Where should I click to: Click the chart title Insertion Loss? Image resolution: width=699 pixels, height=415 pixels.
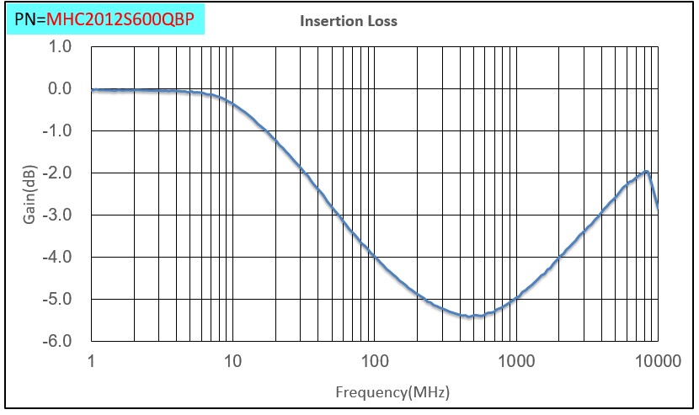click(x=349, y=21)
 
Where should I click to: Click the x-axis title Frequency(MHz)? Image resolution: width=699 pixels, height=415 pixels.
click(x=392, y=392)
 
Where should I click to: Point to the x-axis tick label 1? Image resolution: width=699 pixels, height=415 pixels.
click(x=91, y=362)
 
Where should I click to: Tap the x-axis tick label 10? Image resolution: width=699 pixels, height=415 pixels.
click(x=232, y=362)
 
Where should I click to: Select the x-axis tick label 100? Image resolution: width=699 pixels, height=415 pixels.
click(x=375, y=362)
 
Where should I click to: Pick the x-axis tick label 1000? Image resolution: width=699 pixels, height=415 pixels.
click(x=516, y=362)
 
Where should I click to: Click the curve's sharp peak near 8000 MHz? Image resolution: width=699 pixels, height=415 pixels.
click(x=646, y=172)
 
